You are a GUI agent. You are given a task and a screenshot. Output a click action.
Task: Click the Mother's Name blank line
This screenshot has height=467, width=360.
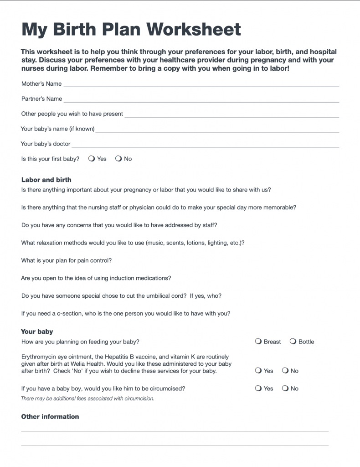coord(201,86)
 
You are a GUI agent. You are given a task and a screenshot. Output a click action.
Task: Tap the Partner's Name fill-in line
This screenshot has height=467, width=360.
coord(201,101)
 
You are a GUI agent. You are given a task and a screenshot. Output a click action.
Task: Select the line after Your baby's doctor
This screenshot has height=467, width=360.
coord(205,146)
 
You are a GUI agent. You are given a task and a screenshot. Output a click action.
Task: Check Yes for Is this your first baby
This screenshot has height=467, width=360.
coord(92,159)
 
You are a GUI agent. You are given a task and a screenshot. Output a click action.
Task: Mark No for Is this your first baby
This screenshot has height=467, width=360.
coord(118,159)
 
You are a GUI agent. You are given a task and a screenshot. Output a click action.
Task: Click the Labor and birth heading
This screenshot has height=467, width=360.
coord(46,180)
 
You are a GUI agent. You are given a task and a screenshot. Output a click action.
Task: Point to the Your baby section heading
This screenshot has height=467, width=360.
coord(37,332)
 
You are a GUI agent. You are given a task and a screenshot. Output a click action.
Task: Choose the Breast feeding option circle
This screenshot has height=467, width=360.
coord(258,342)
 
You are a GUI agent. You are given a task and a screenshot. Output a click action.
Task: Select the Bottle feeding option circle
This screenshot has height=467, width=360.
coord(293,342)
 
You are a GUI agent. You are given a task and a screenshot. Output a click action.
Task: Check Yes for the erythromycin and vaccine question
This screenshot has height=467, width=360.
coord(258,371)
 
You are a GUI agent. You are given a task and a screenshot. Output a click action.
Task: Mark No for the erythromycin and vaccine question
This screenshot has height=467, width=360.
coord(285,371)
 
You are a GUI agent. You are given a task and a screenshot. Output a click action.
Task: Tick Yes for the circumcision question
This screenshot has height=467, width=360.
coord(258,389)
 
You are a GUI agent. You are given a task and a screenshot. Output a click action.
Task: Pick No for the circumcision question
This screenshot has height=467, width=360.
coord(285,389)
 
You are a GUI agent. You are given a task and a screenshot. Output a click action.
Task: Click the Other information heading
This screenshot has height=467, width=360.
coord(50,416)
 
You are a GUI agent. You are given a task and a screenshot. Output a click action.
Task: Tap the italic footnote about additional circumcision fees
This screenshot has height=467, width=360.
coord(87,399)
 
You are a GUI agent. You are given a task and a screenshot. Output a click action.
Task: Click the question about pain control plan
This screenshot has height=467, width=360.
coord(67,260)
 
